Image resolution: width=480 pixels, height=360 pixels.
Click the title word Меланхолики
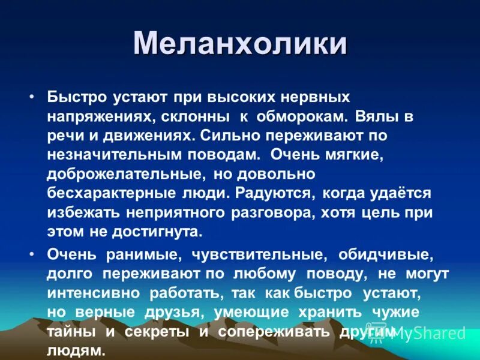(240, 44)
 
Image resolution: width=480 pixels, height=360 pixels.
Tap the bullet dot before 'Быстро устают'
(32, 96)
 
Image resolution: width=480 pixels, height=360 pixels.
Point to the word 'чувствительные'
(259, 255)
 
